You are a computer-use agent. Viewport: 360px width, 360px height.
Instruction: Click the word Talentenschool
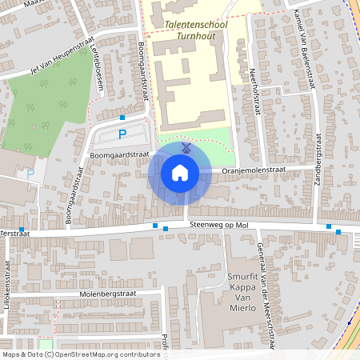194,25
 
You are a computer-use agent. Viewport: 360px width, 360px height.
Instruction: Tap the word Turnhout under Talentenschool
195,37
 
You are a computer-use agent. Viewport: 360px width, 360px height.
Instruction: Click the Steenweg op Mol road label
220,226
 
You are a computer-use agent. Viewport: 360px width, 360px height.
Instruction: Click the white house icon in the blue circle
179,172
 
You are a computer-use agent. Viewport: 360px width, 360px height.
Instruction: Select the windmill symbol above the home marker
185,148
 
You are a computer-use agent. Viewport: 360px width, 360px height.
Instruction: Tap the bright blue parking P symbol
122,134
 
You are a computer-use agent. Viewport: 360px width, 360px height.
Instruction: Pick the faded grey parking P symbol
30,174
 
